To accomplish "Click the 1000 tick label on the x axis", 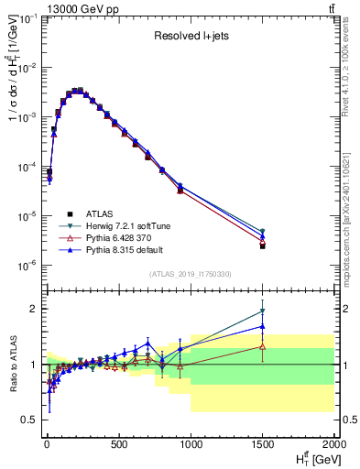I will (x=191, y=446).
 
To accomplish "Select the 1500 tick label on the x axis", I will (x=263, y=446).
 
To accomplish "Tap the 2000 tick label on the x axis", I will (x=333, y=446).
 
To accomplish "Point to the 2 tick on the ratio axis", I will (x=32, y=309).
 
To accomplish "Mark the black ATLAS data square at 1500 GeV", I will (x=263, y=246).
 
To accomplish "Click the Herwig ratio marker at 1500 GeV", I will (x=263, y=311).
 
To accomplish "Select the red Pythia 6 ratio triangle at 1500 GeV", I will (x=263, y=346).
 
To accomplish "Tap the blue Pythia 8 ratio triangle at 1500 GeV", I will (x=263, y=326).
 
